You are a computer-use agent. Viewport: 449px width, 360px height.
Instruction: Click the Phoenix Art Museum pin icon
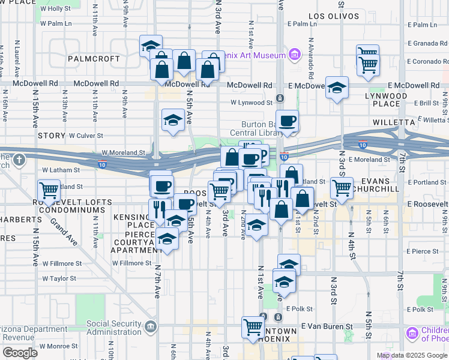[x=294, y=55]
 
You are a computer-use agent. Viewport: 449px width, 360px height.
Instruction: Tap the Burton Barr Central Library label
[x=258, y=128]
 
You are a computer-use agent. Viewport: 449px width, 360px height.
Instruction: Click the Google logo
[x=20, y=353]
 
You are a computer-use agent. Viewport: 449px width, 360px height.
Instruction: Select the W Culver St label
[x=86, y=136]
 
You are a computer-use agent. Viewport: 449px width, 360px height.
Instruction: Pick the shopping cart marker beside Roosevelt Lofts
[x=48, y=191]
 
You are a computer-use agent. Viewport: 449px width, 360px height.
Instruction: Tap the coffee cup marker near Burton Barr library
[x=287, y=121]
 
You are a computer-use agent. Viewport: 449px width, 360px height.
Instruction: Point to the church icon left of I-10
[x=19, y=160]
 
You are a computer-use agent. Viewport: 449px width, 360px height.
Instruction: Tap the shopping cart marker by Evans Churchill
[x=342, y=187]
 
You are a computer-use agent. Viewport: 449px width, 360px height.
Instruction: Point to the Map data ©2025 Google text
[x=412, y=355]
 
